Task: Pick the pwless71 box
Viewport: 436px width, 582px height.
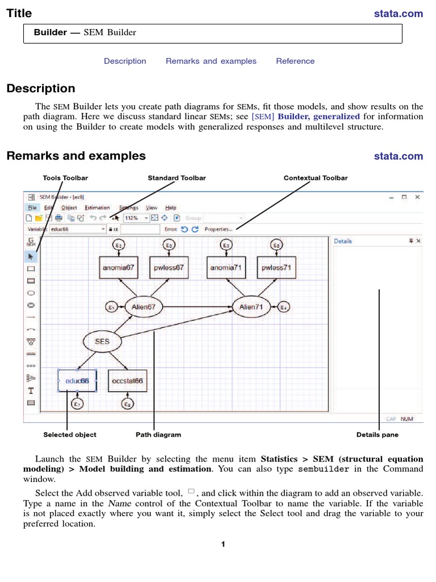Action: (x=276, y=267)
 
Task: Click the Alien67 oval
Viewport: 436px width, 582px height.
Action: (x=143, y=307)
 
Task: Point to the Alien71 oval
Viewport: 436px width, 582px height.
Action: (x=251, y=307)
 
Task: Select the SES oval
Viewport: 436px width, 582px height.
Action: (x=102, y=342)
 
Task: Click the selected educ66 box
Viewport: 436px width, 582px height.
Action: (x=77, y=380)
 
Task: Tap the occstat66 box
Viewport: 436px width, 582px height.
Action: (x=128, y=380)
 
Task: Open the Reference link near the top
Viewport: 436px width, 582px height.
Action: (x=295, y=61)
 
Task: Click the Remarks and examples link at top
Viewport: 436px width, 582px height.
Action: (x=211, y=61)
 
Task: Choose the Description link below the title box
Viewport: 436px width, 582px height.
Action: (x=125, y=61)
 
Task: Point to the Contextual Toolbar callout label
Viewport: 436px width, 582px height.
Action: (x=316, y=178)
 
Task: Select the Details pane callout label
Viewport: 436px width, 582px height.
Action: (x=378, y=435)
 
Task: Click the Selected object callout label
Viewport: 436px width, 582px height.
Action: (x=70, y=435)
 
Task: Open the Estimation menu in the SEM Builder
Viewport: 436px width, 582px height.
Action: (x=97, y=208)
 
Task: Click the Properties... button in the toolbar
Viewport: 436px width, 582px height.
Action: (x=219, y=230)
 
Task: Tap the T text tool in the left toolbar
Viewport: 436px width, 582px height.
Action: (x=31, y=390)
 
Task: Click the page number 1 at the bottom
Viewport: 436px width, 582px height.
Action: (x=224, y=544)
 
